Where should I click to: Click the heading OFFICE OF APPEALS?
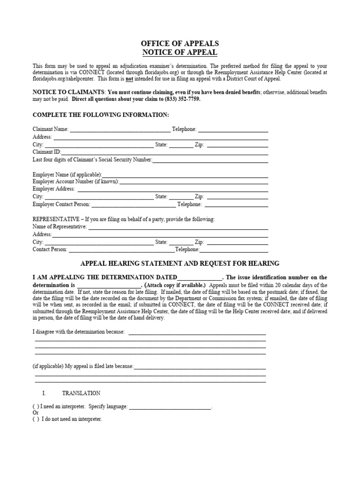180,44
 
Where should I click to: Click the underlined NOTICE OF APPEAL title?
180,52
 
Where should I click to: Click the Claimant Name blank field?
120,129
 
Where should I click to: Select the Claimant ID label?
46,152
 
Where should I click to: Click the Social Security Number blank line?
210,160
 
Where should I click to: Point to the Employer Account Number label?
75,181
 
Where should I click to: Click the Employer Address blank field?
172,189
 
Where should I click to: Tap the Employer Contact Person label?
61,204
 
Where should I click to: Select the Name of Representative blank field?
178,227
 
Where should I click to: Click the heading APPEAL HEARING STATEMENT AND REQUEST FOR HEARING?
180,263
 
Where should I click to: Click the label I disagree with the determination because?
79,332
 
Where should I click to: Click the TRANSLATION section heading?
84,393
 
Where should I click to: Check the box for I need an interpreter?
36,406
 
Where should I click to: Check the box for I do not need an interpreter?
36,419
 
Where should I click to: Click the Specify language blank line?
170,406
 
